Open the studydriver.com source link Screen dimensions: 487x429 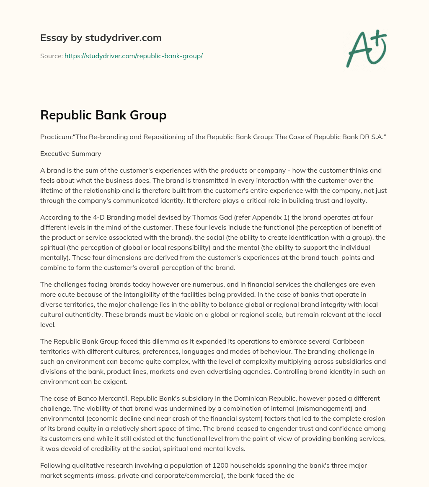pyautogui.click(x=133, y=56)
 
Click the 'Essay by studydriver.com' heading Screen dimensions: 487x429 pyautogui.click(x=101, y=38)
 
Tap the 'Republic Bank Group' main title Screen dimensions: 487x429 pyautogui.click(x=103, y=115)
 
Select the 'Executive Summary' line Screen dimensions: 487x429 pyautogui.click(x=70, y=153)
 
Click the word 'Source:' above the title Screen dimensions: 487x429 pyautogui.click(x=51, y=56)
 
